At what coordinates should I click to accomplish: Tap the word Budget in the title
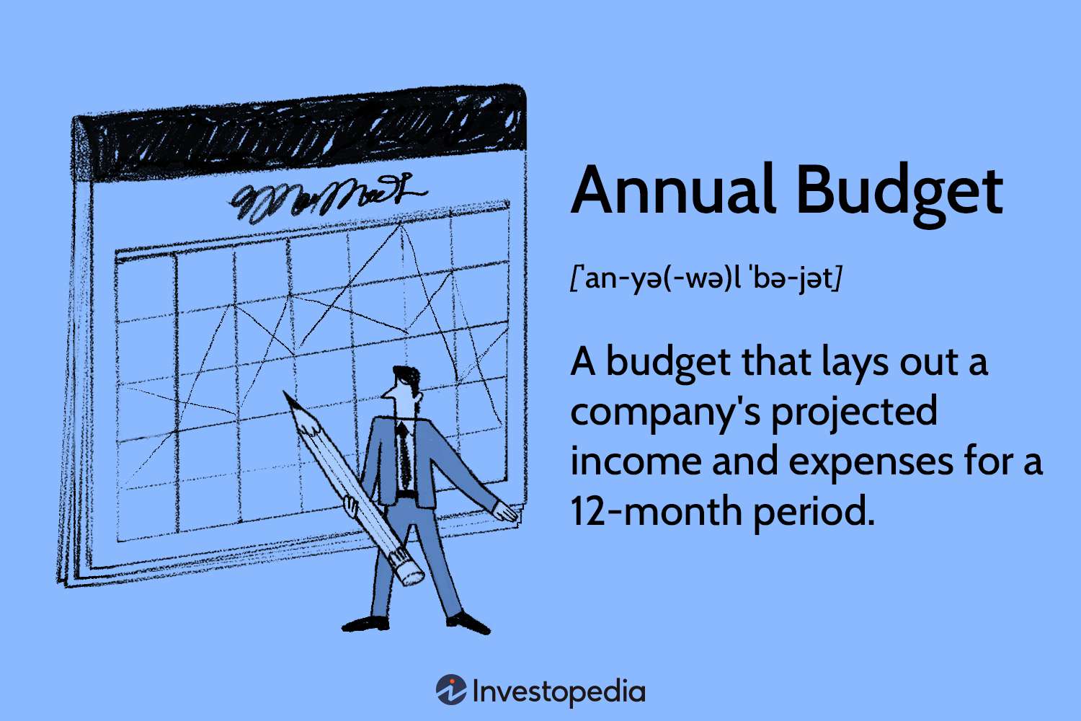point(899,192)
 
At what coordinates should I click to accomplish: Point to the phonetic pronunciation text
point(706,278)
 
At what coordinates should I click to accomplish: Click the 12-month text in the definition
point(656,512)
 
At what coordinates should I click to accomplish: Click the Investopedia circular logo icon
point(451,690)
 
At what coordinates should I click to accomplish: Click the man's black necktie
point(404,454)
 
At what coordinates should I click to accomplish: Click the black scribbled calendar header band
point(303,137)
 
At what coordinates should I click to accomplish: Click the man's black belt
point(406,495)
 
